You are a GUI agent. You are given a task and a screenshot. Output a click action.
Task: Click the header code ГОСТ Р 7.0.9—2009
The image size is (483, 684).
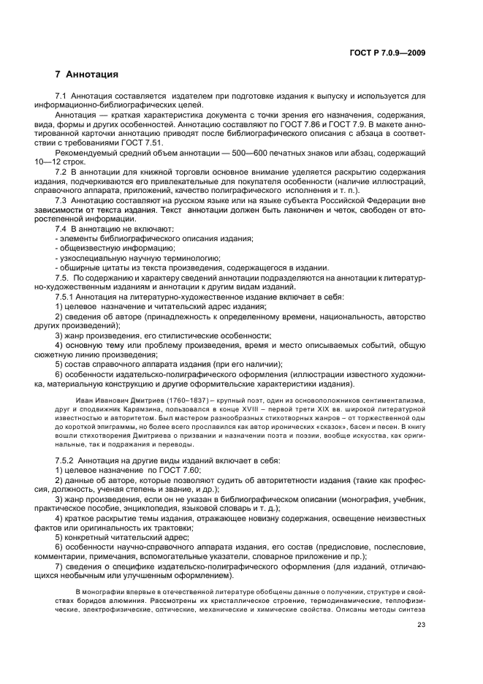pos(389,53)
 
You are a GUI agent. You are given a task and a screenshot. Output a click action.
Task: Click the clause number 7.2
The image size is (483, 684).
pos(61,173)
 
